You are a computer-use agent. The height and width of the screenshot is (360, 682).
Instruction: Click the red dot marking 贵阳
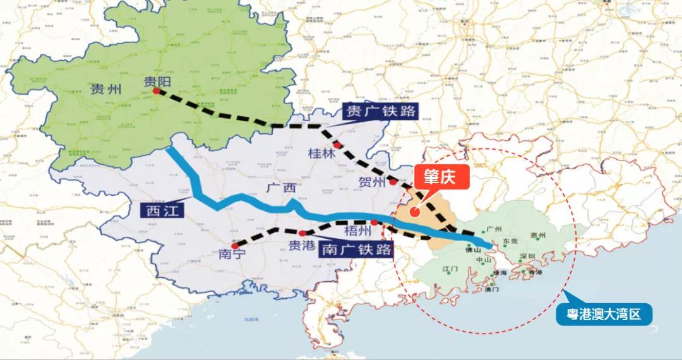(156, 91)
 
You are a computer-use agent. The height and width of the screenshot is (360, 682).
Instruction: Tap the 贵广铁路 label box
(381, 112)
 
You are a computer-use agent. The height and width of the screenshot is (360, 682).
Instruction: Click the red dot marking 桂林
(338, 145)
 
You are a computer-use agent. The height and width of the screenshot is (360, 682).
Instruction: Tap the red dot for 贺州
(393, 182)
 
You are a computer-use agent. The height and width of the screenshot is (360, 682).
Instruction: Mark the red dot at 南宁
(235, 246)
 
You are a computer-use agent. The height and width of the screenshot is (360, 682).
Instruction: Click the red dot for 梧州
(375, 222)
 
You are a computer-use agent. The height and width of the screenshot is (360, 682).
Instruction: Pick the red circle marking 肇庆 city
(414, 213)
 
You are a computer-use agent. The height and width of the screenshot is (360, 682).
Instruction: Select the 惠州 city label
(538, 236)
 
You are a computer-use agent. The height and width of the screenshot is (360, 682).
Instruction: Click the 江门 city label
(450, 269)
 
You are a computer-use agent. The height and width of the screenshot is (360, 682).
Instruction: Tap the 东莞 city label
(510, 241)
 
